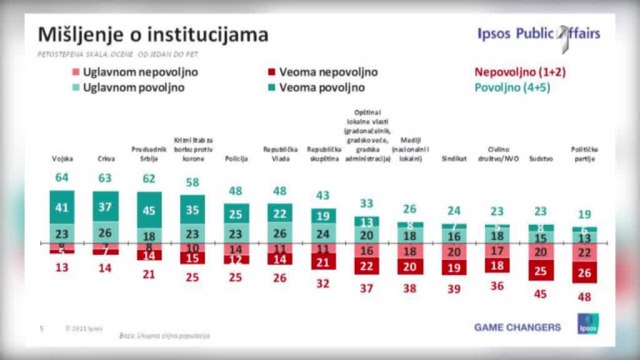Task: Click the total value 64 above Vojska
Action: click(x=62, y=178)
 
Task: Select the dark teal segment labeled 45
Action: click(x=149, y=211)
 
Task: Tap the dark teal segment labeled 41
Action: click(x=62, y=209)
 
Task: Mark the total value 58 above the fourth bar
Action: click(x=191, y=183)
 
